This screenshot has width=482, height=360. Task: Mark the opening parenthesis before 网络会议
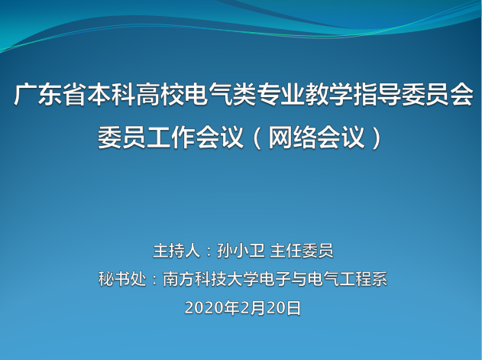257,138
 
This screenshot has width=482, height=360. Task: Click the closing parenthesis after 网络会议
376,138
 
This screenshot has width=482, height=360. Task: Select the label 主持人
176,251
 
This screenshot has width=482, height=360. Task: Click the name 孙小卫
241,251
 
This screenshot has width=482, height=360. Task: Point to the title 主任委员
302,251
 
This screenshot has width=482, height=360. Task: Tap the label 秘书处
122,279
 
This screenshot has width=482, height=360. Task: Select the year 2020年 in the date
212,308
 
